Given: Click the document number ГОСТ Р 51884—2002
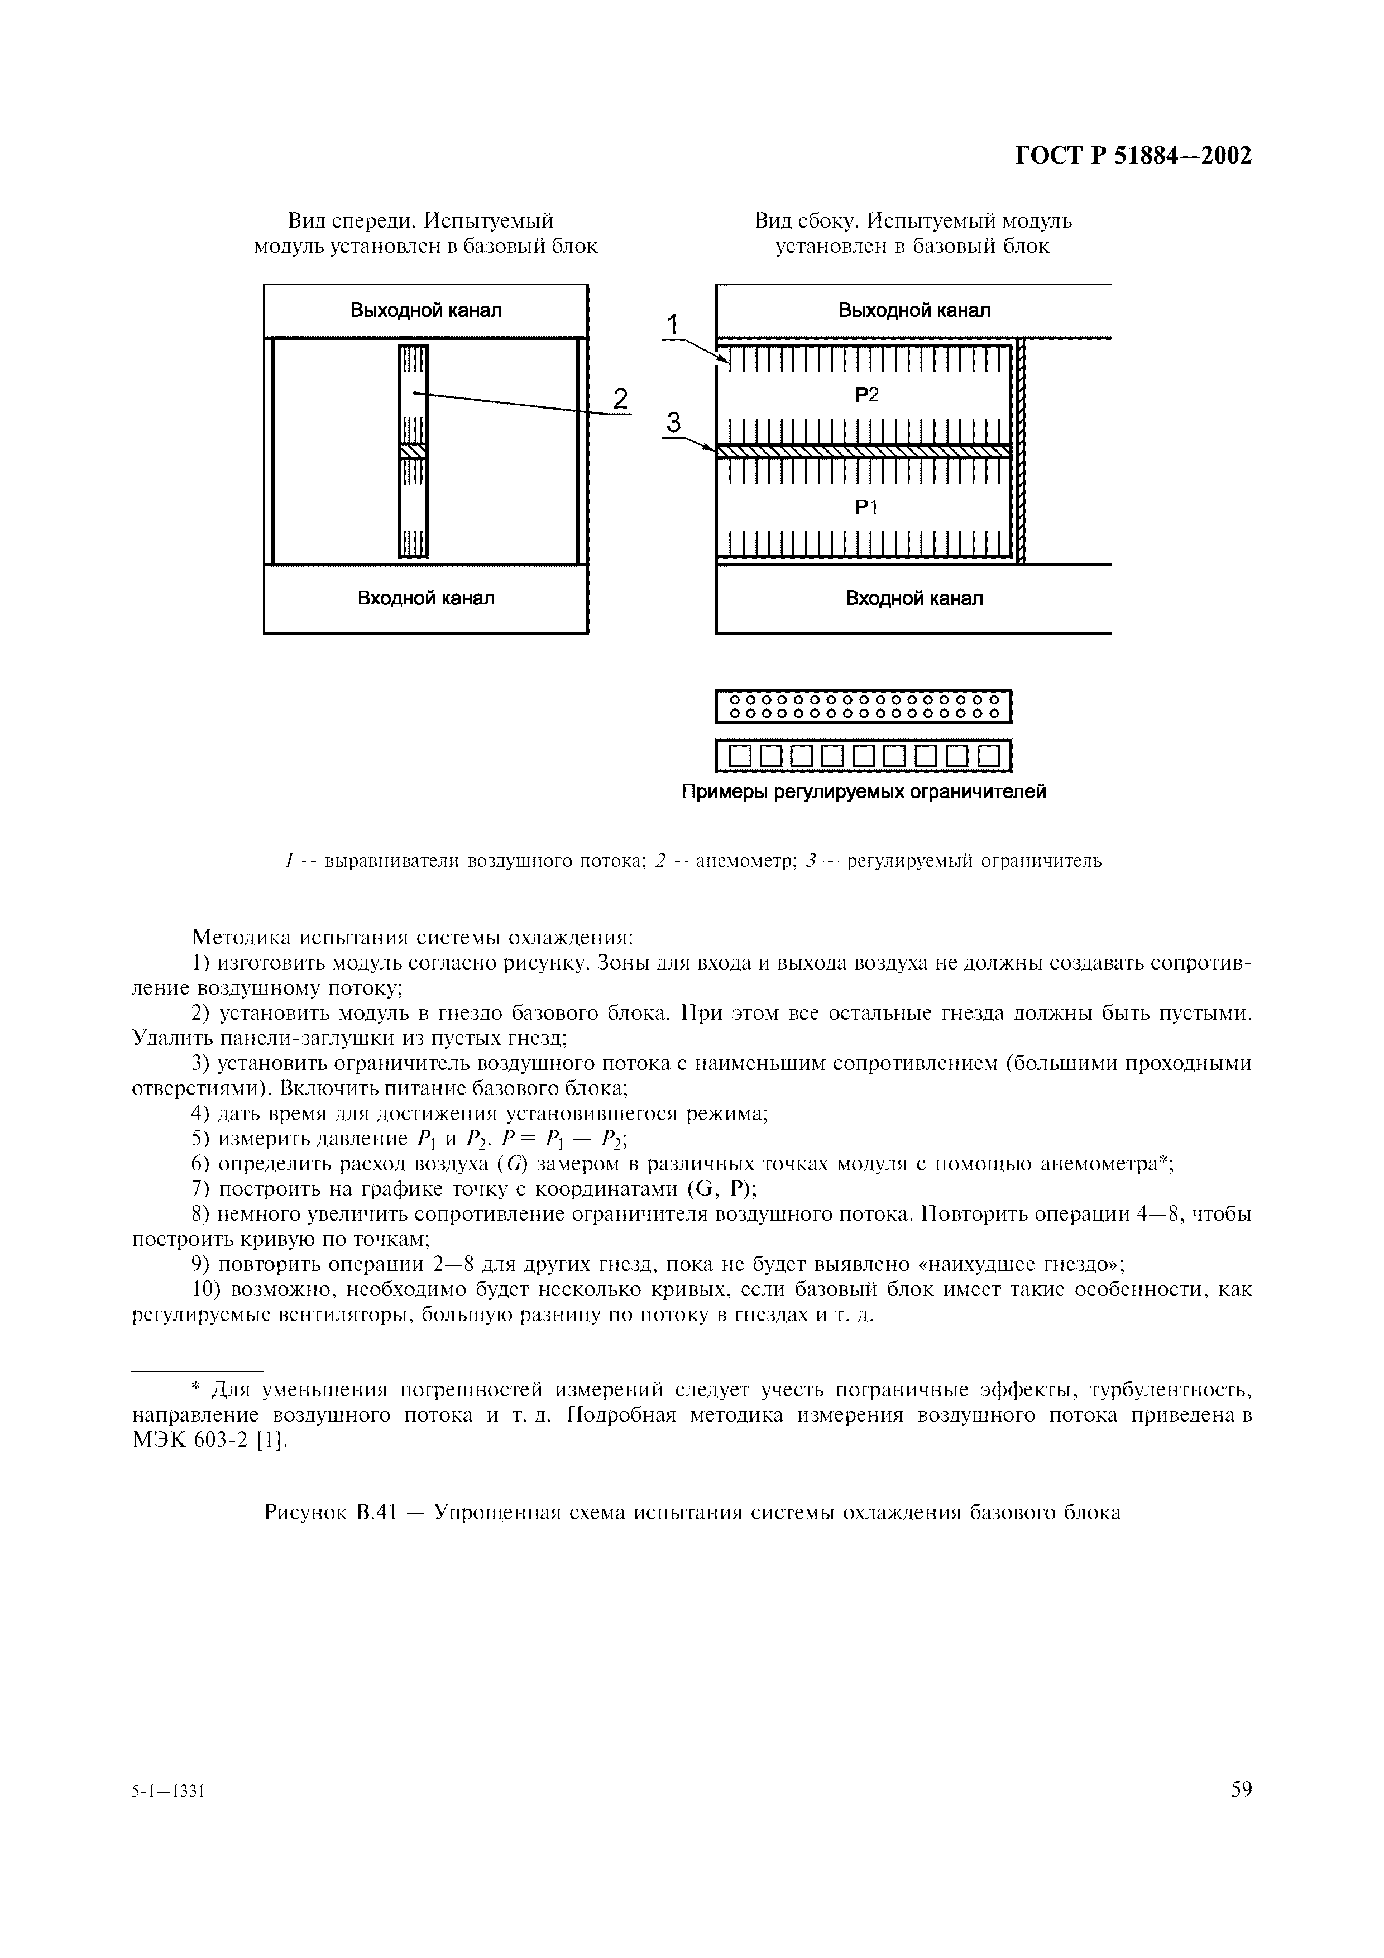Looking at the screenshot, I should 1133,156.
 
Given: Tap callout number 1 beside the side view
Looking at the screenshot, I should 672,325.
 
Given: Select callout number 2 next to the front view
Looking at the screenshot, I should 620,399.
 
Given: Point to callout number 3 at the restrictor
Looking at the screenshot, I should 674,423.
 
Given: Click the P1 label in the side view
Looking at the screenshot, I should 866,507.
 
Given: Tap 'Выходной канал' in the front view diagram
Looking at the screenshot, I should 425,310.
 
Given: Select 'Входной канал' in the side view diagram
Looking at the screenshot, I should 913,599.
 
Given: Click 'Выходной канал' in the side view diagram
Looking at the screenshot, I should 913,310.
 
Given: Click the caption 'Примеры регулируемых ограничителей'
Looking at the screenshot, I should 863,792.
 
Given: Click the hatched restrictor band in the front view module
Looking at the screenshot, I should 413,451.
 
